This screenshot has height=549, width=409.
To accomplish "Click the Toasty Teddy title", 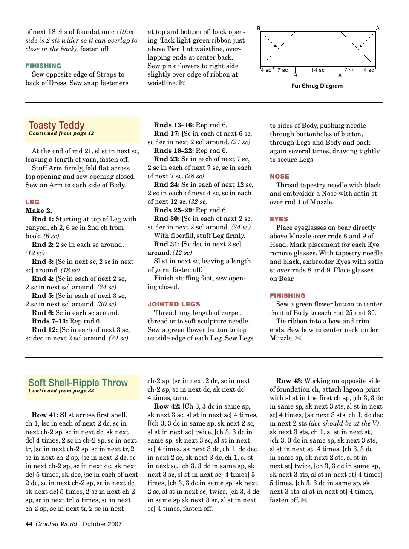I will point(56,125).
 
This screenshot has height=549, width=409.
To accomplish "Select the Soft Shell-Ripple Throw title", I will point(78,383).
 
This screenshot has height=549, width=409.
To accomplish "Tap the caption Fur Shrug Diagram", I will point(317,86).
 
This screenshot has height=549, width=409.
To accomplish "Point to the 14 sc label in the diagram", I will point(317,70).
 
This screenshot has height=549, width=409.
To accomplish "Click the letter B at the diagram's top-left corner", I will point(258,29).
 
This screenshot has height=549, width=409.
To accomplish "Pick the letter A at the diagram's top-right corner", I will point(377,29).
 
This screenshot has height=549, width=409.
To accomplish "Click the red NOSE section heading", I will point(279,177).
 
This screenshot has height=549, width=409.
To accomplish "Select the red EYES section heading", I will point(279,219).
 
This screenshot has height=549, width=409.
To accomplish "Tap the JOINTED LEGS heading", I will point(174,304).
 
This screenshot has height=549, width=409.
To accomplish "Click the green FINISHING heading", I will point(43,66).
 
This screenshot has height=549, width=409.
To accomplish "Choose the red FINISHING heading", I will point(288,296).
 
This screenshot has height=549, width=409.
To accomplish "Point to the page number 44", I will point(29,524).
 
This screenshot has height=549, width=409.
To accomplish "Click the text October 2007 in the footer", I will point(102,524).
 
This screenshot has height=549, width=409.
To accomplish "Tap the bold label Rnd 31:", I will point(167,244).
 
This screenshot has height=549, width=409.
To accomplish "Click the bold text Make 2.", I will point(39,211).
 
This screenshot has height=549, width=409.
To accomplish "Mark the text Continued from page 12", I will point(61,134).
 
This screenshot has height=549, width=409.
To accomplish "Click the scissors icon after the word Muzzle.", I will point(298,338).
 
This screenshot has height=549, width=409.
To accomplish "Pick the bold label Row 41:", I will point(45,415).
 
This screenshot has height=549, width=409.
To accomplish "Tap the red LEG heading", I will point(32,202).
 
